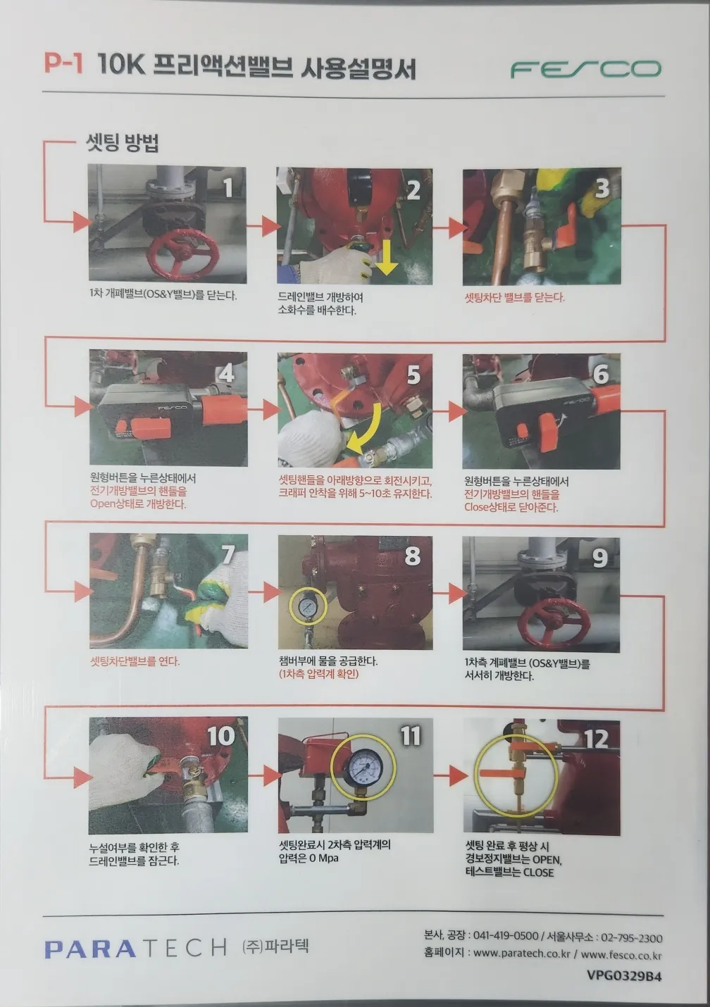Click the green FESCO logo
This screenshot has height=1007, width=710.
pos(585,69)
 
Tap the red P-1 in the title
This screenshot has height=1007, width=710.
pos(63,63)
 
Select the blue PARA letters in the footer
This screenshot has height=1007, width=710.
pos(90,949)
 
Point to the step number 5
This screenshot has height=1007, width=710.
pos(413,375)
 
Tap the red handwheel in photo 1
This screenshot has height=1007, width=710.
pos(184,254)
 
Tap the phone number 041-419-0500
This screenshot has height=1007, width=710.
pos(506,935)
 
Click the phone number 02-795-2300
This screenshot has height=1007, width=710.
pos(631,938)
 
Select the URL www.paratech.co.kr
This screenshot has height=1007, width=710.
pos(522,953)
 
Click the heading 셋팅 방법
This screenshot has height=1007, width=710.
pos(123,142)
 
